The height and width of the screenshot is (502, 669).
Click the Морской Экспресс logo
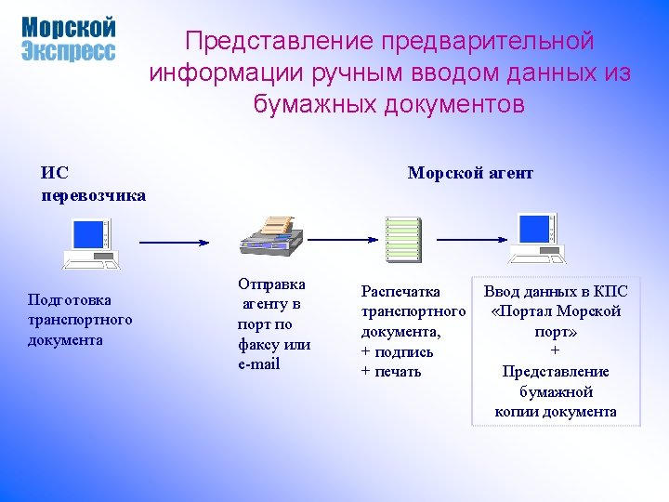click(x=68, y=39)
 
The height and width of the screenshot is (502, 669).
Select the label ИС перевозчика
click(x=93, y=183)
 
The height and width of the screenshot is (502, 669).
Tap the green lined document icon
click(x=402, y=240)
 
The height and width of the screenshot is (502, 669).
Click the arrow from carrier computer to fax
click(x=174, y=242)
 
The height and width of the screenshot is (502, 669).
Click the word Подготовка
click(x=70, y=299)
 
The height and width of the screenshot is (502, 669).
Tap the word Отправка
click(x=271, y=284)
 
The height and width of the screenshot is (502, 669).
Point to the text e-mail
click(x=258, y=363)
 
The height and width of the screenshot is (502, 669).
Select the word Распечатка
click(x=400, y=291)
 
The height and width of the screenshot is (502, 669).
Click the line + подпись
click(x=397, y=351)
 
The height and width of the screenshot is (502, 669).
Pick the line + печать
click(x=391, y=372)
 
